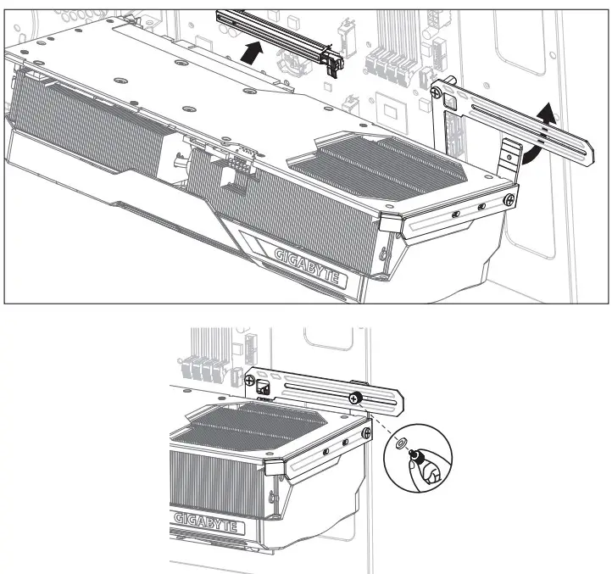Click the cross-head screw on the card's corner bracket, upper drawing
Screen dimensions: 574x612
(x=508, y=198)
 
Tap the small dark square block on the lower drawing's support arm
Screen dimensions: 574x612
(x=263, y=388)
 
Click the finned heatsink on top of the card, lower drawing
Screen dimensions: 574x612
(x=254, y=423)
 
